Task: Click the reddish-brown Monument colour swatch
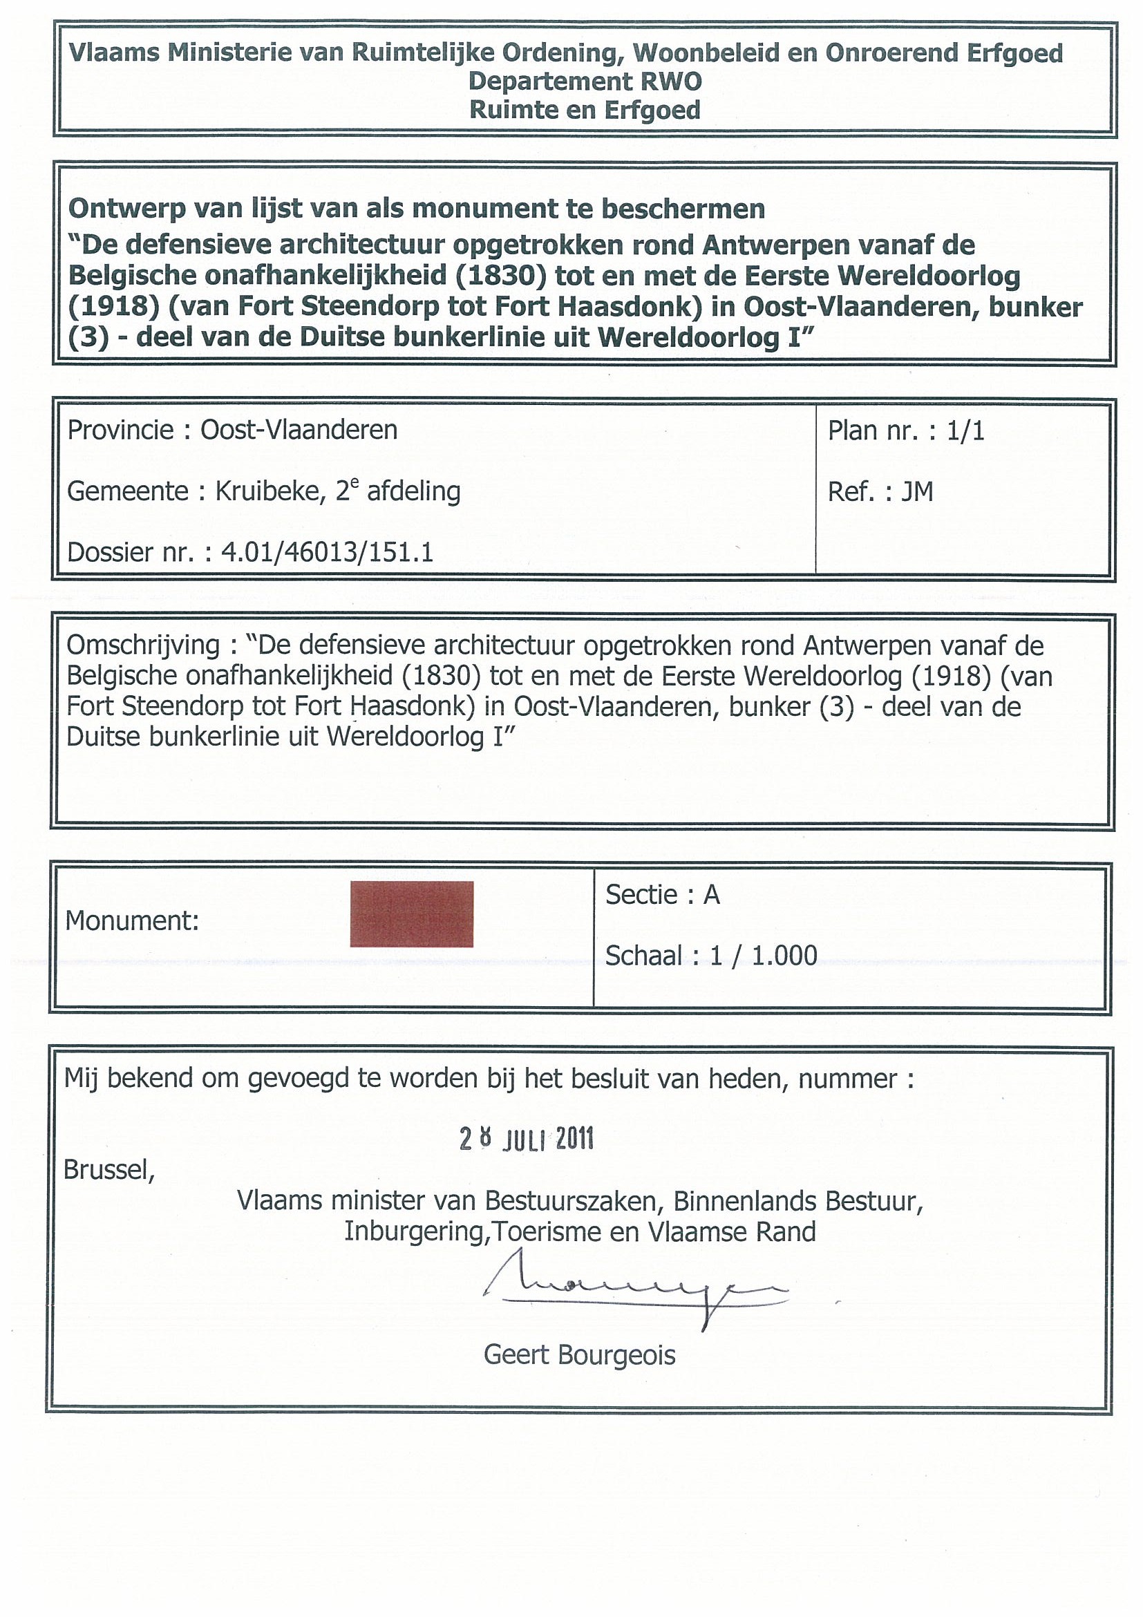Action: tap(411, 914)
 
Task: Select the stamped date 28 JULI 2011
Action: tap(526, 1139)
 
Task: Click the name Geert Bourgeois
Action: tap(579, 1355)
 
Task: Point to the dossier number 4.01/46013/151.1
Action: tap(327, 553)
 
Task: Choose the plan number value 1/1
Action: tap(965, 431)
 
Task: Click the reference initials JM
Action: tap(917, 491)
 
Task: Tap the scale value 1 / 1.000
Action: tap(764, 956)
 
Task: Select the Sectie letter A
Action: tap(711, 895)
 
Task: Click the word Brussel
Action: tap(108, 1170)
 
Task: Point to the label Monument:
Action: tap(132, 920)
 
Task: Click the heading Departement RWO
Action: tap(585, 82)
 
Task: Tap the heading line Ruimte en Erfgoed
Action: tap(585, 111)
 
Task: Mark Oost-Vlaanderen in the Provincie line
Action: tap(299, 431)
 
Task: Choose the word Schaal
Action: tap(643, 956)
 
